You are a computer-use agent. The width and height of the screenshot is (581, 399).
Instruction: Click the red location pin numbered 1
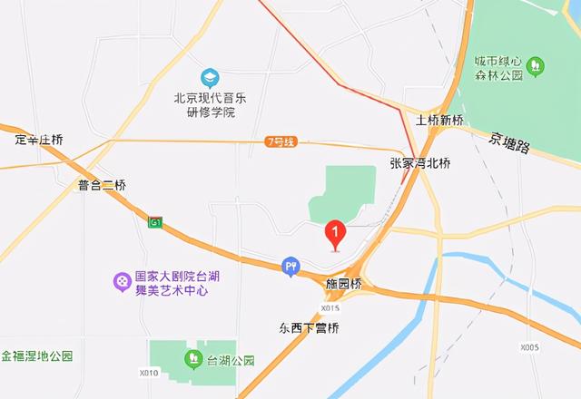coord(335,234)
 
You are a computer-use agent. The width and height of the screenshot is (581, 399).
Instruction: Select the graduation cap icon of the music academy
coord(210,77)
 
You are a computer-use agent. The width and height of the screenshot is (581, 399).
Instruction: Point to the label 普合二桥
coord(102,185)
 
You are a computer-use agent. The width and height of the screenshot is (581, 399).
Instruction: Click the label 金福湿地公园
coord(35,356)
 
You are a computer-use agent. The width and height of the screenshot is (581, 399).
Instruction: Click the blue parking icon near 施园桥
coord(290,265)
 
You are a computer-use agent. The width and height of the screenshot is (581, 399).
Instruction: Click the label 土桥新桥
coord(439,121)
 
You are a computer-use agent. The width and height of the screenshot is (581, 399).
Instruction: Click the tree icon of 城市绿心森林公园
coord(536,65)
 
